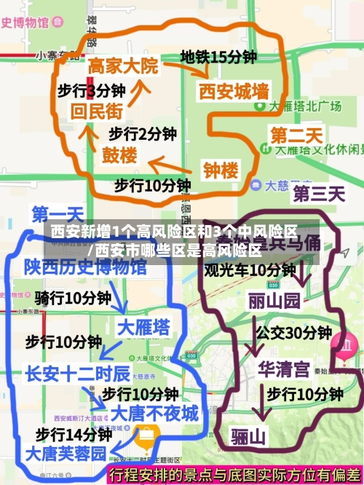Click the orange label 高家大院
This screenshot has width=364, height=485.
point(122,66)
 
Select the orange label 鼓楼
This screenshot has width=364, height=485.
point(119,155)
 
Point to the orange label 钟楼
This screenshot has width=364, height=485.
point(221,170)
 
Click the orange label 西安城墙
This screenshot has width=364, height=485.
point(234,92)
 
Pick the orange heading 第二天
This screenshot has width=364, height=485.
point(296,135)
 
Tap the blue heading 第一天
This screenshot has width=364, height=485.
point(58,215)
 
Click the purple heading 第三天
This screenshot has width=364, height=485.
point(318,193)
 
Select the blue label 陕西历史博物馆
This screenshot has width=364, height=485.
point(84,267)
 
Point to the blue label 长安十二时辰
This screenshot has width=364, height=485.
point(78,374)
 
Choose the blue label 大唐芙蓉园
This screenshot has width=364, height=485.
point(66,453)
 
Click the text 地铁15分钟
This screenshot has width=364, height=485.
point(218,56)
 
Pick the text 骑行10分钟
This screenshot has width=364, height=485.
point(73,298)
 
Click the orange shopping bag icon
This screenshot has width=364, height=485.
point(146,436)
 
